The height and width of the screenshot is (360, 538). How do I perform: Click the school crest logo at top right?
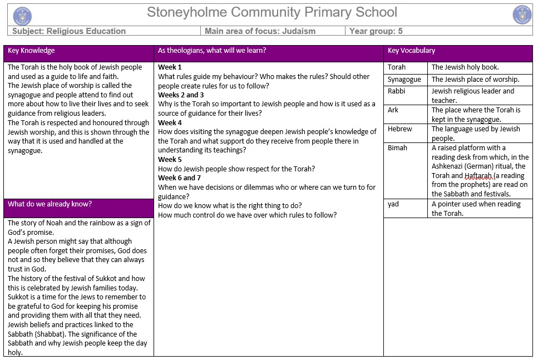coord(522,15)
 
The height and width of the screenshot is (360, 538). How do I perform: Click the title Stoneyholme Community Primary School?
coord(272,12)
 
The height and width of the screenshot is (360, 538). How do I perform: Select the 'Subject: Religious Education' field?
coord(70,31)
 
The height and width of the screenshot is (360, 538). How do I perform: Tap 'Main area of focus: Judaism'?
coord(260,31)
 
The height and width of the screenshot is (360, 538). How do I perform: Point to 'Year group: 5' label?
coord(376,31)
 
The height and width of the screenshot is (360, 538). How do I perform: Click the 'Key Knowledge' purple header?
coord(31,51)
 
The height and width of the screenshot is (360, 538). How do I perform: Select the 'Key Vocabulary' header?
coord(411,51)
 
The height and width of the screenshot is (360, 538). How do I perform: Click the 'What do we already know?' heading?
coord(50,204)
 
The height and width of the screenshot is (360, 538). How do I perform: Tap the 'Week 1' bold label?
coord(170,67)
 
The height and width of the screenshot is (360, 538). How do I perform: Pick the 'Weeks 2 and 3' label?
coord(181,95)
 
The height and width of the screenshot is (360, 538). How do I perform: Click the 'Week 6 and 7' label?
coord(180,178)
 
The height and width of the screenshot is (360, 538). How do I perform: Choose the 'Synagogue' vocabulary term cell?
coord(404,80)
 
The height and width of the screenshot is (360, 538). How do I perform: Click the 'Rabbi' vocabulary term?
coord(397,91)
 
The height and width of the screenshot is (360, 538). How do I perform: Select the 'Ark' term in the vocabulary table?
coord(393,110)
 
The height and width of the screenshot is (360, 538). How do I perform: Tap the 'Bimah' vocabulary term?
coord(397,148)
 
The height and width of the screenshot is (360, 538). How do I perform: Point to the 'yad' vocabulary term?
coord(393,204)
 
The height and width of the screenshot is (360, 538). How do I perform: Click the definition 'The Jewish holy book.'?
coord(465,67)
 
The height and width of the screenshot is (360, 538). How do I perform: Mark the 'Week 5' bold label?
coord(170,160)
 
